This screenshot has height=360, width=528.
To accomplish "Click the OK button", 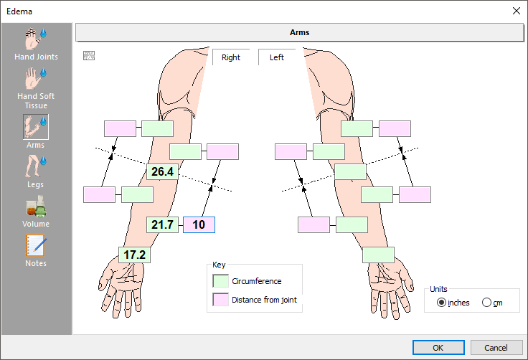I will tap(438, 347).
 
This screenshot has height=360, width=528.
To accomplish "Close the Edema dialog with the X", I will tap(516, 11).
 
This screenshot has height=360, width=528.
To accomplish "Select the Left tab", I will tap(277, 57).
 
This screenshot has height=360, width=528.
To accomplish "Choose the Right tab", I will tap(231, 57).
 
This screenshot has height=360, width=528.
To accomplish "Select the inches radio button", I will tap(441, 303).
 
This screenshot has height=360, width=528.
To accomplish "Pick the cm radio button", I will tap(487, 303).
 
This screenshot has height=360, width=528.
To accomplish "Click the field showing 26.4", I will tap(161, 171).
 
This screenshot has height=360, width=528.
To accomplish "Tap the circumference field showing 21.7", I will tap(162, 224).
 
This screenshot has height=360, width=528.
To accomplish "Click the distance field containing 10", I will tap(199, 224).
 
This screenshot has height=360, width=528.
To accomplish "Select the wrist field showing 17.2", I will tap(134, 255).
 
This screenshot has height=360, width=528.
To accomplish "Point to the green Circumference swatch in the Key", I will tap(221, 281).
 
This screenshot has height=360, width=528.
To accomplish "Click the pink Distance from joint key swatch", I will tap(221, 300).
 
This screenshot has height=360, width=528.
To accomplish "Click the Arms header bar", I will tap(299, 32).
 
